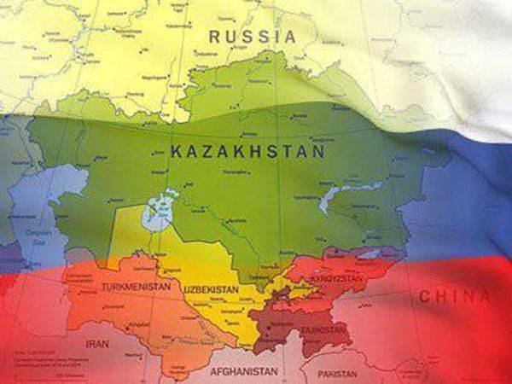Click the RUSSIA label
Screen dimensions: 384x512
click(x=253, y=37)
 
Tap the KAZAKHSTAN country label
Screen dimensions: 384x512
click(x=247, y=152)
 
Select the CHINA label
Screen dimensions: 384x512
click(x=454, y=297)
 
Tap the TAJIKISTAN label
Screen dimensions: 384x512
click(x=325, y=329)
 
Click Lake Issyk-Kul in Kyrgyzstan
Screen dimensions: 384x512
click(x=369, y=253)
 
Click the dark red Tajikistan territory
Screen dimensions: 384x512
click(x=290, y=324)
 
